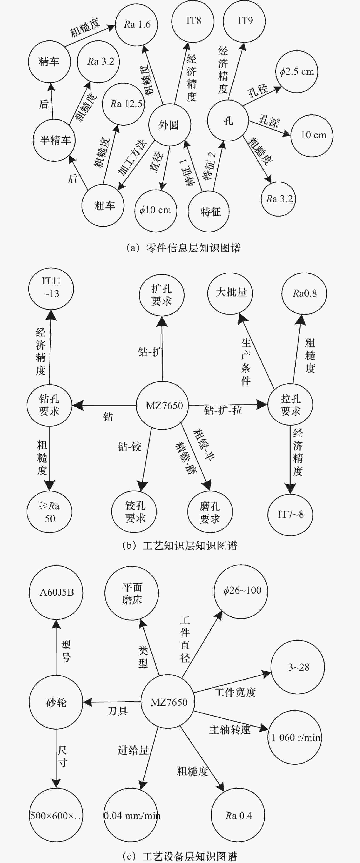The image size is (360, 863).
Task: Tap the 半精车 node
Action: coord(55,140)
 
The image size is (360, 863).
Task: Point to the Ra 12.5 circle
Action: coord(126,104)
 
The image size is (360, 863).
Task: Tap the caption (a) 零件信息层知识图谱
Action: coord(183,248)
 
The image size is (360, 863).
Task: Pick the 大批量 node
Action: coord(230,293)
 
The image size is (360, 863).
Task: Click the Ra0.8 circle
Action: coord(304,293)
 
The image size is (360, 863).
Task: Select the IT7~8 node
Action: coord(290,514)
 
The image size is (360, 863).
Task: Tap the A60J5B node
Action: coord(56,592)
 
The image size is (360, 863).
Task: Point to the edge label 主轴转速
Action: coord(230,730)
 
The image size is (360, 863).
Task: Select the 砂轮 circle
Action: coord(56,702)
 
